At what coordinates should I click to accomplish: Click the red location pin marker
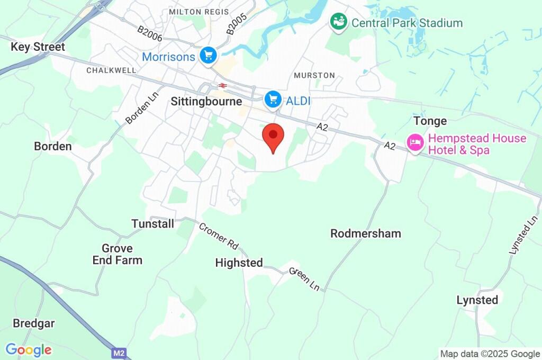[273, 137]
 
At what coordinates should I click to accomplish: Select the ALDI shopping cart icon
[273, 98]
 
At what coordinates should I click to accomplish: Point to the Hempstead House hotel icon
[414, 142]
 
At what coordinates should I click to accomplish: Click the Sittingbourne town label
[206, 102]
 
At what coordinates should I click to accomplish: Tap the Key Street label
[38, 47]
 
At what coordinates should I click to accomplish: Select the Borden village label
[52, 146]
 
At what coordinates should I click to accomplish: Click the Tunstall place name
[152, 224]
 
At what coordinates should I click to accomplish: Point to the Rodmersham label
[366, 233]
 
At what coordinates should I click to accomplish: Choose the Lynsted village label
[477, 300]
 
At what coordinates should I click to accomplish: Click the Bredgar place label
[34, 323]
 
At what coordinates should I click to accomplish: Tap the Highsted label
[239, 263]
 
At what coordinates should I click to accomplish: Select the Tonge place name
[430, 121]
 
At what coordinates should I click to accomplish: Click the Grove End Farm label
[118, 254]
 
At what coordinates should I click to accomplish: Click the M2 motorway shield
[119, 352]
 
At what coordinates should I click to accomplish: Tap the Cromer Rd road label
[219, 236]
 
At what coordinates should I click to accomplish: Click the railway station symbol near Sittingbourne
[223, 85]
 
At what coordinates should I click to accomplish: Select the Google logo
[29, 350]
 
